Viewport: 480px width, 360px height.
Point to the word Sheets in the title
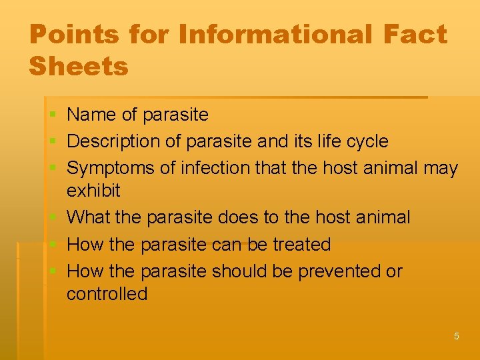(x=79, y=66)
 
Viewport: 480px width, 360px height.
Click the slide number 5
(x=457, y=336)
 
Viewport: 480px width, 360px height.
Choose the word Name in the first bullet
(x=92, y=115)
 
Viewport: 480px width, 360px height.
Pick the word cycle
(x=365, y=141)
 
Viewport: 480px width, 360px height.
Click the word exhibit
(x=93, y=191)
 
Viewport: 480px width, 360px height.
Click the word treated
(x=302, y=245)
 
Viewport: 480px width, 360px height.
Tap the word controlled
(x=107, y=294)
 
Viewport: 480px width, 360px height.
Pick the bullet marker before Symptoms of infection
(x=53, y=169)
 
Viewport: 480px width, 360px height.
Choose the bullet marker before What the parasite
(x=53, y=218)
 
